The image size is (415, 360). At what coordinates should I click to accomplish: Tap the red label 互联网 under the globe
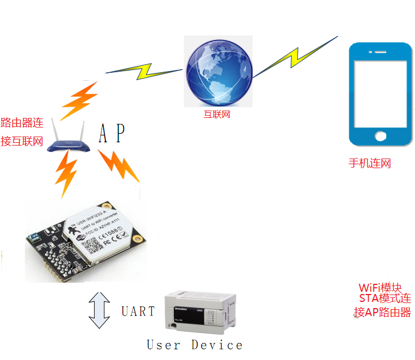(217, 115)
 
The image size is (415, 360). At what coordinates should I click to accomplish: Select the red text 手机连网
(370, 164)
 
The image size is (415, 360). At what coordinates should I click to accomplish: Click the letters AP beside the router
(111, 134)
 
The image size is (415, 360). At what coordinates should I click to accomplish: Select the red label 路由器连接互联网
(22, 132)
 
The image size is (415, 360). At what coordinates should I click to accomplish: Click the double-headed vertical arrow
(100, 310)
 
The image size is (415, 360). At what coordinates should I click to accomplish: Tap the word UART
(138, 311)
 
